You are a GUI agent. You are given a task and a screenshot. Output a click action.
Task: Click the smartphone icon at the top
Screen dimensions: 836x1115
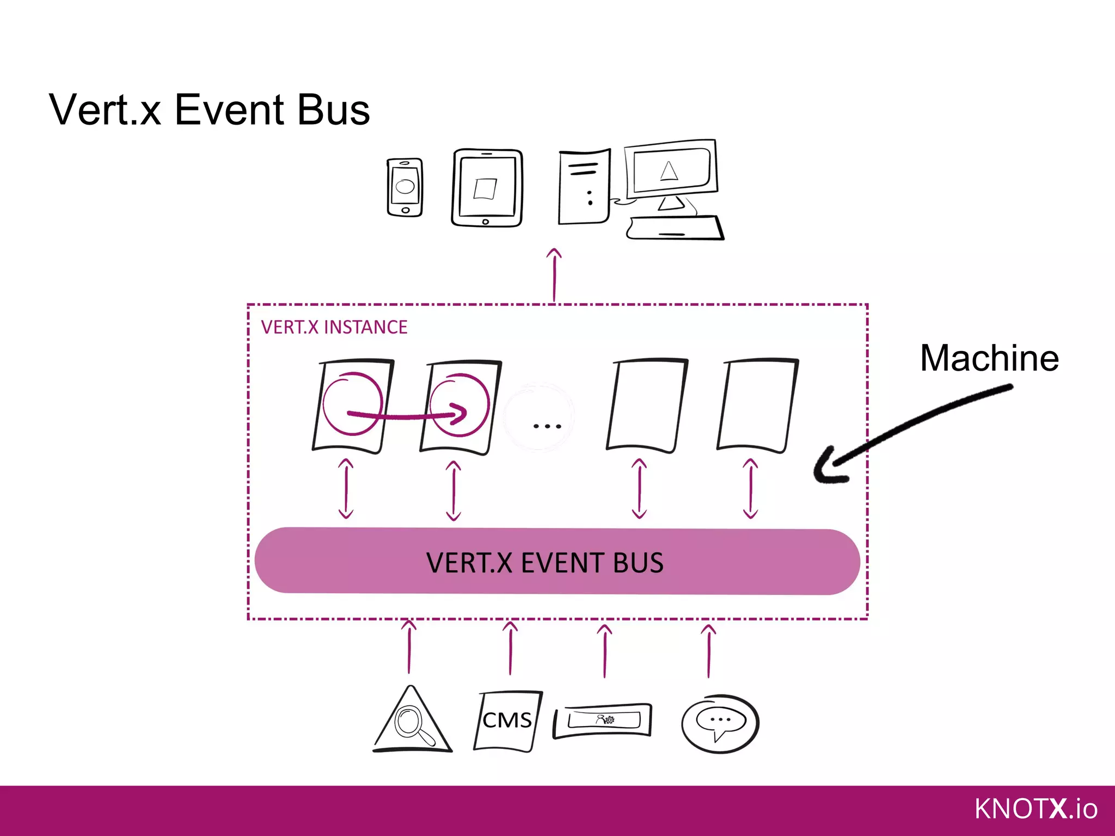(x=405, y=187)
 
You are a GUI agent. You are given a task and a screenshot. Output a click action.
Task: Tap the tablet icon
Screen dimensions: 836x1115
(x=486, y=188)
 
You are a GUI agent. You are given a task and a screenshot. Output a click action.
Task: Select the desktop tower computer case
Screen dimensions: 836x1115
(x=584, y=187)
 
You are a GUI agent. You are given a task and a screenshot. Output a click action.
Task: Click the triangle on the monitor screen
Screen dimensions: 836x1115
(x=669, y=170)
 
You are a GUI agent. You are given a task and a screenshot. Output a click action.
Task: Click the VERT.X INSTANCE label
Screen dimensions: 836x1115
(x=334, y=327)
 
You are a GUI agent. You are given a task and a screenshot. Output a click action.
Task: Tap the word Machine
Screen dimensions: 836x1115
(x=989, y=358)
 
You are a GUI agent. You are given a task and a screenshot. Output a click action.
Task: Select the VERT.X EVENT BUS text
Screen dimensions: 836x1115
(x=544, y=562)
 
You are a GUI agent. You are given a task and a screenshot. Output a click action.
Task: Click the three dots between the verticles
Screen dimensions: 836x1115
(x=547, y=426)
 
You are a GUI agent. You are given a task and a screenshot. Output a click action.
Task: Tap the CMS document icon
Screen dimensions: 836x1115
(x=507, y=721)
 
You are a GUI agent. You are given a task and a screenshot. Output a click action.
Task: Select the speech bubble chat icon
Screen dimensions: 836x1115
(x=720, y=723)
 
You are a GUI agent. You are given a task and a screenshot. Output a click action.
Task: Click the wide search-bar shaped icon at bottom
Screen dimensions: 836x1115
(x=603, y=721)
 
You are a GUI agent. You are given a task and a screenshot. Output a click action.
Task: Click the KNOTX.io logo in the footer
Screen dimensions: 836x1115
(x=1036, y=809)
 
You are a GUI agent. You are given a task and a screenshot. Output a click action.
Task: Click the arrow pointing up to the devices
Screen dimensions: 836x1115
(x=554, y=275)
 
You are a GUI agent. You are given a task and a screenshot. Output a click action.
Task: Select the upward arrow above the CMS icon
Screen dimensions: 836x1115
(x=510, y=649)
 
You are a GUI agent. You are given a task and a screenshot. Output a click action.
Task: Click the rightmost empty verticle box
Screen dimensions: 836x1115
(x=757, y=405)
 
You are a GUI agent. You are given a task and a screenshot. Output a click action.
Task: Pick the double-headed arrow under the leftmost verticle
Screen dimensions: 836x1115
(x=346, y=488)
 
